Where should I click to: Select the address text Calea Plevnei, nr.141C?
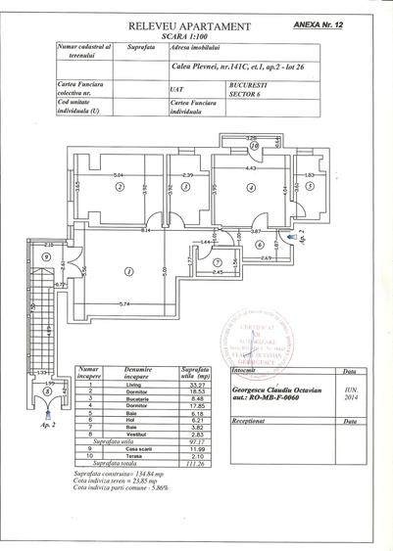point(212,67)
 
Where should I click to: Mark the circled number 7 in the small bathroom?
point(219,261)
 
